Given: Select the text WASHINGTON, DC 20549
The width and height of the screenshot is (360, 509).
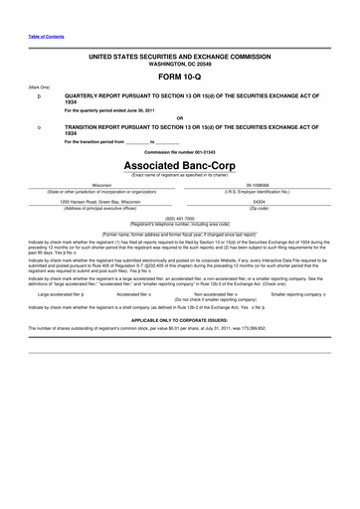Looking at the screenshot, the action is pyautogui.click(x=180, y=68).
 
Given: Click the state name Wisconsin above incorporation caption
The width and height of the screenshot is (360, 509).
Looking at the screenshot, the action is pyautogui.click(x=101, y=185).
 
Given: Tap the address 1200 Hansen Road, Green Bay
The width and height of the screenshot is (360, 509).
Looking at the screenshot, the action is pyautogui.click(x=101, y=200).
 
